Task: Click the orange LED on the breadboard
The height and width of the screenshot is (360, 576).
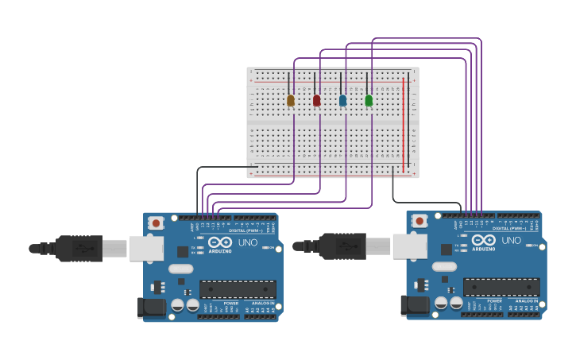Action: click(x=290, y=100)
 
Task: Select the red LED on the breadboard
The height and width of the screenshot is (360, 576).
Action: click(x=316, y=100)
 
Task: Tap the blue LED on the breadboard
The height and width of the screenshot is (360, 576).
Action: click(x=342, y=100)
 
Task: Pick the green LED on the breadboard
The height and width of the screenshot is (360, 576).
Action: click(x=369, y=100)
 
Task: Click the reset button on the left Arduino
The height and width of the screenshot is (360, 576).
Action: click(x=157, y=223)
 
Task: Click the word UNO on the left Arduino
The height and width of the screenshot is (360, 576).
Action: click(x=248, y=242)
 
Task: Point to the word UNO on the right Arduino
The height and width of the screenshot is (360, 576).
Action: click(x=512, y=241)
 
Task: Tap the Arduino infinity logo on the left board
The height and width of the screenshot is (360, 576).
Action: click(x=221, y=242)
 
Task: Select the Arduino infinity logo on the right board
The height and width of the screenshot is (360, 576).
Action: click(x=484, y=240)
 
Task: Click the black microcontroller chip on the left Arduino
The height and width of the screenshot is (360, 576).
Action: click(x=238, y=289)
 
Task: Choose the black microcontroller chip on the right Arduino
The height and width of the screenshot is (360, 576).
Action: click(x=501, y=287)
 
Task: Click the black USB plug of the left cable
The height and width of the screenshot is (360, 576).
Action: click(x=79, y=249)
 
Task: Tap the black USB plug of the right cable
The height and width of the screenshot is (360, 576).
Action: click(x=342, y=246)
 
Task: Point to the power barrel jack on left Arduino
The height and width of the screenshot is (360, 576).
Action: click(x=151, y=308)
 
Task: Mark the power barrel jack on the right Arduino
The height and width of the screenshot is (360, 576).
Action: click(x=415, y=305)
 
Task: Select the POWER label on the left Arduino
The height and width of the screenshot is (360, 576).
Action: click(x=230, y=304)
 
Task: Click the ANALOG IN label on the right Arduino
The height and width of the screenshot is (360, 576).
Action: click(x=525, y=301)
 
